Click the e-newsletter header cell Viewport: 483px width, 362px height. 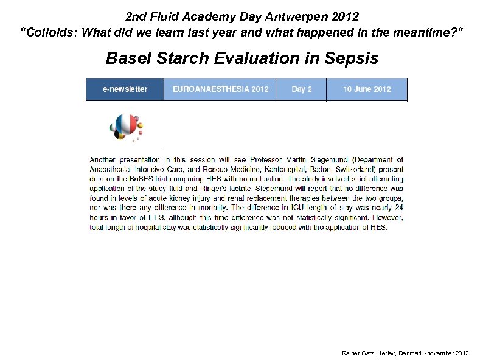[x=125, y=89]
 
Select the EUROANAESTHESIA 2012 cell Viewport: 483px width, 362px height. [x=220, y=89]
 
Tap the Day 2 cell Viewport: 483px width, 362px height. [x=302, y=89]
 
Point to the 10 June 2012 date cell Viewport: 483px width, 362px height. [x=367, y=89]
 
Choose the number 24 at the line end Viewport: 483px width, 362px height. [x=398, y=209]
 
